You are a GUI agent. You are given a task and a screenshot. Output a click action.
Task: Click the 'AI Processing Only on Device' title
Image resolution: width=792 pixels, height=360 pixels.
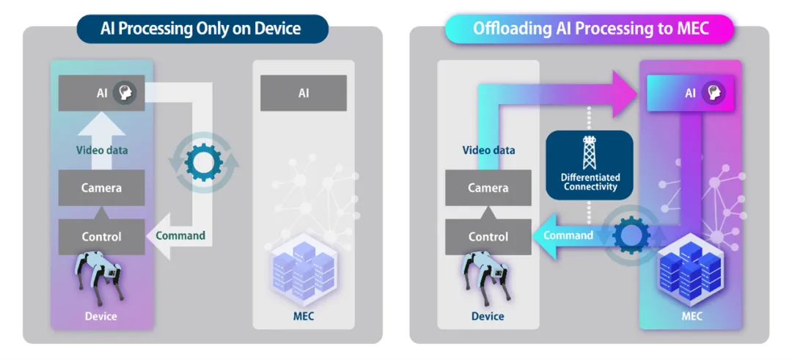pos(201,29)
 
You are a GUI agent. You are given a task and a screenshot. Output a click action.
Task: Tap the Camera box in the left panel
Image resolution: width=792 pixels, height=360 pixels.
pos(101,188)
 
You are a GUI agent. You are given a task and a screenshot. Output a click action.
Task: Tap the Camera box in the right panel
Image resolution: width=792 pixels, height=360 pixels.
pos(488,188)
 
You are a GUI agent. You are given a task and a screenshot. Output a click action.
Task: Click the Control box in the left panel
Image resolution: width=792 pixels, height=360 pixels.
pos(101,237)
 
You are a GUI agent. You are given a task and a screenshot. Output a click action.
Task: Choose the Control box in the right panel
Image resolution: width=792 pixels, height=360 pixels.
pos(488,237)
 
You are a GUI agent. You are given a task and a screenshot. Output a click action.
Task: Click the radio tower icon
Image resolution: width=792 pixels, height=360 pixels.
pos(590,153)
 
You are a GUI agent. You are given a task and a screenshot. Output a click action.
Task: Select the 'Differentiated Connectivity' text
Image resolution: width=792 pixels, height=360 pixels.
pos(590,182)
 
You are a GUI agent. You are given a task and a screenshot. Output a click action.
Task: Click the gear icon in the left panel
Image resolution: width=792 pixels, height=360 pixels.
pos(199,163)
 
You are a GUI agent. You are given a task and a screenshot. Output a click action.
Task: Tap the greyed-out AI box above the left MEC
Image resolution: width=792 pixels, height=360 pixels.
pos(304,93)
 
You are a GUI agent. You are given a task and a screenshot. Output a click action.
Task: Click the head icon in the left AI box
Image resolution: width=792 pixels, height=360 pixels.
pos(126,93)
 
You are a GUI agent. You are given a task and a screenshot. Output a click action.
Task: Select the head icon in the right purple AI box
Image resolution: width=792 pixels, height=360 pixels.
pos(712,93)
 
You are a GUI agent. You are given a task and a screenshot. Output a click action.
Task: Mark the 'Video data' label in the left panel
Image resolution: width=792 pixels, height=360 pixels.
pos(101,150)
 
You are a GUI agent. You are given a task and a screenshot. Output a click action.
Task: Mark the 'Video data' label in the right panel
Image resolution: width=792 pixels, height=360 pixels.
pos(488,150)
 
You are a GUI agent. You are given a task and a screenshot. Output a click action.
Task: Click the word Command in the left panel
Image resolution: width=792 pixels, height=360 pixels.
pos(180,235)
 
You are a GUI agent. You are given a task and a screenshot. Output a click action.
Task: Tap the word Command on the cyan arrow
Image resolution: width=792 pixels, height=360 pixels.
pos(568,235)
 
